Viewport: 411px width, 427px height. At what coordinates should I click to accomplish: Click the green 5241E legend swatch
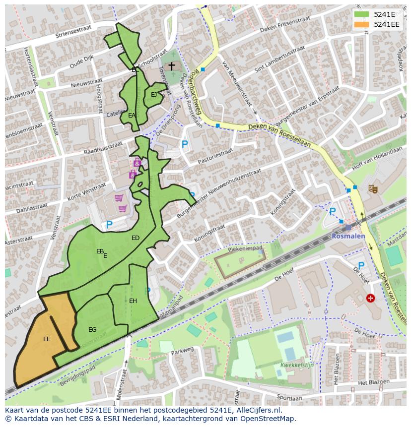[x=362, y=14]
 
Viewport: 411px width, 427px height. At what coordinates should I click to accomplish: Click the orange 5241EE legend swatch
[x=362, y=24]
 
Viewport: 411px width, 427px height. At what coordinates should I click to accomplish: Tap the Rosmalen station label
[x=348, y=236]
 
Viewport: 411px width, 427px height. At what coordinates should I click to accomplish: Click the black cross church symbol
[x=172, y=66]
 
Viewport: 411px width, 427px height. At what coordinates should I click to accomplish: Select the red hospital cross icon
[x=370, y=298]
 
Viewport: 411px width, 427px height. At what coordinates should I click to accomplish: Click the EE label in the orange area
[x=47, y=339]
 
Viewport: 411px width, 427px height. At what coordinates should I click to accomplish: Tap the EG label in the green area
[x=92, y=330]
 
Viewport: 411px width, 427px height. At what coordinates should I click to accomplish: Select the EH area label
[x=133, y=301]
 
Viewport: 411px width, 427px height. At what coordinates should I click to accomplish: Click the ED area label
[x=136, y=238]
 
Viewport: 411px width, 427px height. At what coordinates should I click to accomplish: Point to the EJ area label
[x=154, y=95]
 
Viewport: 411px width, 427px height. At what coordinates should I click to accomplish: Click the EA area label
[x=132, y=115]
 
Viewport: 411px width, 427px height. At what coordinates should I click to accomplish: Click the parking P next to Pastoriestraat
[x=185, y=145]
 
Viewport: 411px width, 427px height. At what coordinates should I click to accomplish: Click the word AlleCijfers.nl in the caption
[x=259, y=411]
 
